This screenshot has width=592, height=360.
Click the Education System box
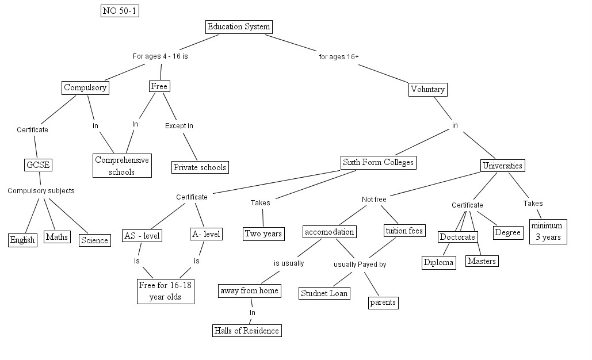pyautogui.click(x=239, y=27)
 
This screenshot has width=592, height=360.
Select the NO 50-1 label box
pyautogui.click(x=120, y=10)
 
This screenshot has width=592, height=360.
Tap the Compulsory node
pyautogui.click(x=85, y=87)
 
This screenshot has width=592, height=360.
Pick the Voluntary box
pyautogui.click(x=428, y=90)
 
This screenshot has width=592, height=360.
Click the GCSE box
pyautogui.click(x=38, y=165)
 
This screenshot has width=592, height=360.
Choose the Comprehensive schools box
pyautogui.click(x=122, y=165)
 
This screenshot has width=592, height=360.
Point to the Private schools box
pyautogui.click(x=200, y=167)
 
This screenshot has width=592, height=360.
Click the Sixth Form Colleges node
pyautogui.click(x=379, y=163)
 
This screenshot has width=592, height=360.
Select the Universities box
pyautogui.click(x=502, y=166)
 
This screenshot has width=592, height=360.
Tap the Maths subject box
pyautogui.click(x=57, y=237)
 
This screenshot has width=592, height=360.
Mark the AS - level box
pyautogui.click(x=142, y=236)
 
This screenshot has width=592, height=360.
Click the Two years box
pyautogui.click(x=263, y=233)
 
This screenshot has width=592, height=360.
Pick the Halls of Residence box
pyautogui.click(x=247, y=331)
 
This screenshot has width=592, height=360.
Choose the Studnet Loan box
pyautogui.click(x=324, y=293)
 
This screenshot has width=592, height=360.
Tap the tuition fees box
pyautogui.click(x=404, y=231)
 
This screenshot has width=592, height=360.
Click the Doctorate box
pyautogui.click(x=457, y=237)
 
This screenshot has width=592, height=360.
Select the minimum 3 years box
pyautogui.click(x=548, y=231)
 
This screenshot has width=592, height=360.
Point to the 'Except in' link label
pyautogui.click(x=179, y=126)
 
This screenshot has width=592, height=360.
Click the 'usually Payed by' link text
pyautogui.click(x=360, y=264)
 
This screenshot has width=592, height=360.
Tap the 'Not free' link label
pyautogui.click(x=374, y=199)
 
